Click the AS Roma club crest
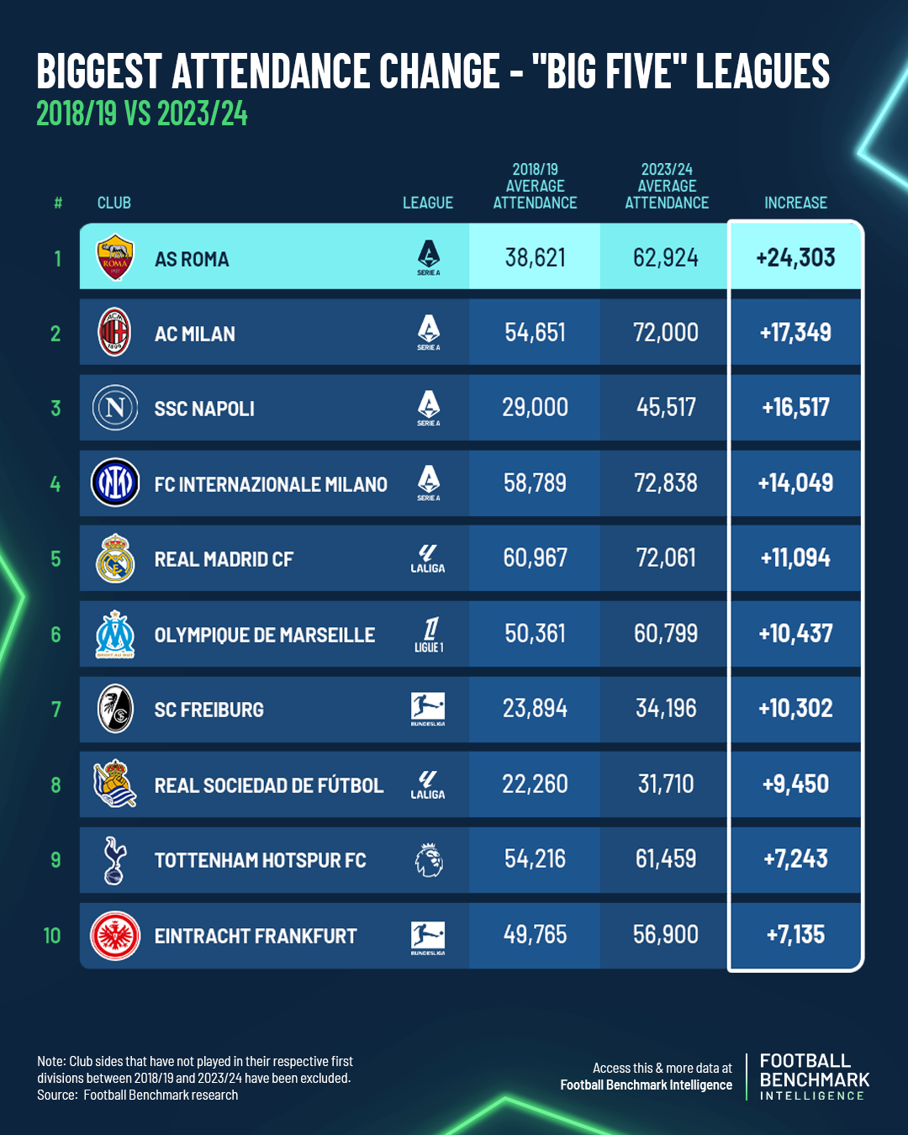click(x=115, y=256)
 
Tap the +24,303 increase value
click(x=795, y=257)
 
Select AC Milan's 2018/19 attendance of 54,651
click(x=535, y=332)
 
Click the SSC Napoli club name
click(x=204, y=409)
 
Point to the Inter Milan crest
click(x=115, y=483)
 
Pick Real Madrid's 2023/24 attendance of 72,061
click(x=666, y=557)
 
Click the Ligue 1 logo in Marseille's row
click(x=429, y=634)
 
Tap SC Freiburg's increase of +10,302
click(x=795, y=708)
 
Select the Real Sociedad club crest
click(x=115, y=784)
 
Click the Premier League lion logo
click(x=429, y=860)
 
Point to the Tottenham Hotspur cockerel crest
click(x=114, y=859)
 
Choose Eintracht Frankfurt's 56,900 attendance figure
click(x=666, y=934)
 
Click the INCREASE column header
click(x=795, y=203)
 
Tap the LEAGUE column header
click(x=428, y=203)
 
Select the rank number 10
click(x=52, y=936)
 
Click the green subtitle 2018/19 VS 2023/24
click(x=142, y=113)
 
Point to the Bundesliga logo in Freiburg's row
click(x=428, y=709)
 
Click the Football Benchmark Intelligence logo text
click(x=814, y=1076)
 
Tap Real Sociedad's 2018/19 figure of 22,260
click(x=535, y=784)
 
